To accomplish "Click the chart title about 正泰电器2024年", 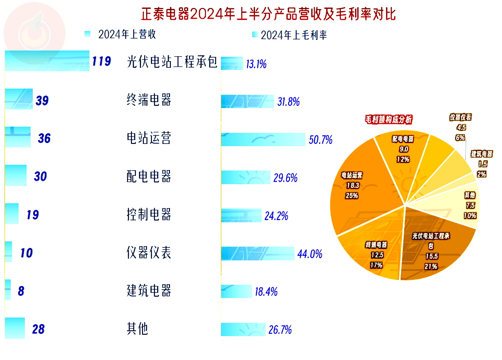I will (x=268, y=14).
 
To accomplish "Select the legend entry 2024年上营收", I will (x=127, y=34).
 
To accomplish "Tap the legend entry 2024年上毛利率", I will (x=293, y=35).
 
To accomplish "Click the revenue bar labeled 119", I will (x=47, y=61).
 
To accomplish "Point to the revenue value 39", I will (x=42, y=101).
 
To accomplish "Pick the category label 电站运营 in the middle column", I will (x=149, y=139).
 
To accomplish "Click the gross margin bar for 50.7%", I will (x=263, y=139).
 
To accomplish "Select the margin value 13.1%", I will (x=256, y=64).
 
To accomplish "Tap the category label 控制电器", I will (x=149, y=215).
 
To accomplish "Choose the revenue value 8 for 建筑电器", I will (x=21, y=291).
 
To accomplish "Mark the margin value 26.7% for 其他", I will (x=280, y=330).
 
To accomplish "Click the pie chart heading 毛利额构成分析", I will (x=388, y=120).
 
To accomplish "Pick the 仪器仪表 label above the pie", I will (x=460, y=117).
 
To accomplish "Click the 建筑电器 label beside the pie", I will (x=482, y=155).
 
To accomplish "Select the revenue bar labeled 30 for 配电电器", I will (x=15, y=176).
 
